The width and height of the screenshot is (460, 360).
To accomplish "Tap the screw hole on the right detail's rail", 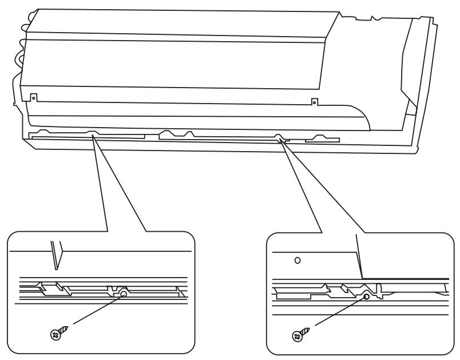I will point(367,296).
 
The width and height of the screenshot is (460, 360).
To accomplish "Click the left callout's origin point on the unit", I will point(92,137).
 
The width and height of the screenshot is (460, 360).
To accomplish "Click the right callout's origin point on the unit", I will point(280,139).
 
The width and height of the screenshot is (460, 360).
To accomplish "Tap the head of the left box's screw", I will point(55,334).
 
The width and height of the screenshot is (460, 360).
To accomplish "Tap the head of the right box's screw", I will point(297,337).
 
